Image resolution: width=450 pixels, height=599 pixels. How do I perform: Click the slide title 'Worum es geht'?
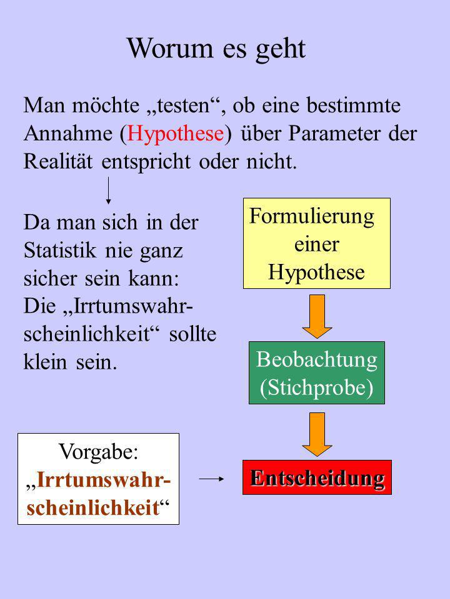[217, 49]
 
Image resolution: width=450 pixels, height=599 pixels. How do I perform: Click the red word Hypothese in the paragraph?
[176, 134]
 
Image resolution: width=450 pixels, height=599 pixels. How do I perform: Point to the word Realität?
[57, 161]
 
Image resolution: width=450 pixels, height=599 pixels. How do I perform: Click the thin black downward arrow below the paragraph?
[109, 190]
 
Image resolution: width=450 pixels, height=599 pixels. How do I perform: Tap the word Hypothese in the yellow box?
[316, 273]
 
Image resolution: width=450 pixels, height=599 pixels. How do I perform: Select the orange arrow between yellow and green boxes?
[317, 316]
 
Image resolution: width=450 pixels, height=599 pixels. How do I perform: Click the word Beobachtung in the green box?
[317, 359]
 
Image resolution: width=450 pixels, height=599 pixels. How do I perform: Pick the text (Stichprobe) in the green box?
[317, 387]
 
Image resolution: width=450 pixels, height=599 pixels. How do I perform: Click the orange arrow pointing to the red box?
[317, 434]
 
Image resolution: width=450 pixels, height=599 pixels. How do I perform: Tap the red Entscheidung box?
[317, 477]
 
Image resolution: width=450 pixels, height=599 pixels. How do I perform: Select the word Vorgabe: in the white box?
[98, 452]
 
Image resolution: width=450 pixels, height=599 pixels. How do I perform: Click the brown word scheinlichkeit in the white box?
[92, 508]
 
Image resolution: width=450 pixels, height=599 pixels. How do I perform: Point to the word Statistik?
[60, 251]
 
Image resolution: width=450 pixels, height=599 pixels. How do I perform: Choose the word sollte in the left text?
[193, 333]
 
